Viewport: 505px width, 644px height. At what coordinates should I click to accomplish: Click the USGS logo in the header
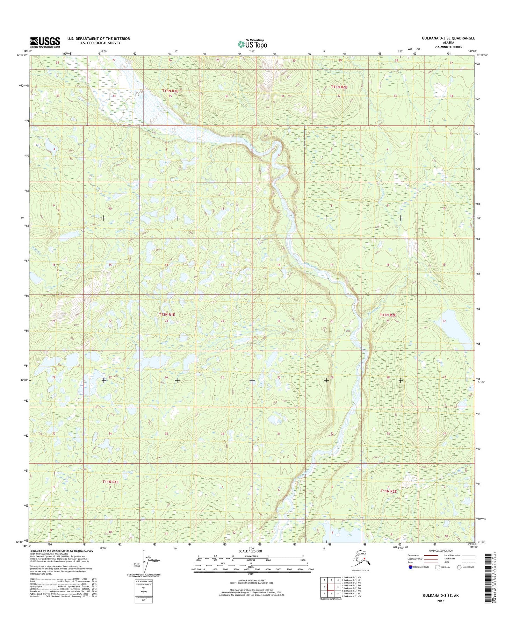tap(45, 42)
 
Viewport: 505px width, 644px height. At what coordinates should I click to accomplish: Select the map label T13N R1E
tap(170, 91)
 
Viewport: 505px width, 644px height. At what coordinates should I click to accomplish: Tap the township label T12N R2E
tap(388, 315)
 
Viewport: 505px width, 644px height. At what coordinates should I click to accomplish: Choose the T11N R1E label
tap(110, 482)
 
